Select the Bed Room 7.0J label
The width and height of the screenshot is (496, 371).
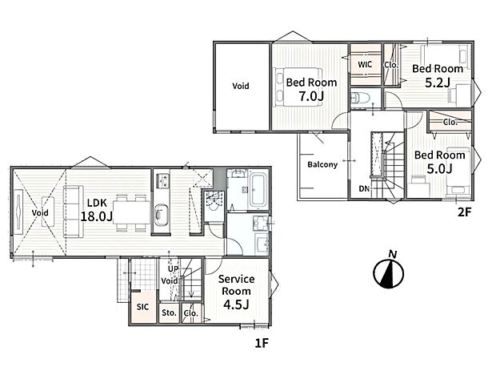tap(311, 89)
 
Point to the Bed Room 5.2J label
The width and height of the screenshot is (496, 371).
tap(436, 75)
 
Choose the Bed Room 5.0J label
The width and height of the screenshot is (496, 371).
tap(439, 161)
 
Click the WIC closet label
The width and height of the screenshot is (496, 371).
tap(365, 64)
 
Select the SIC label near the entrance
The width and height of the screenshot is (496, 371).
tap(142, 306)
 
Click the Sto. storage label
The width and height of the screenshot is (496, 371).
tap(169, 313)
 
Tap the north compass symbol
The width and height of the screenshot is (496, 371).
tap(388, 272)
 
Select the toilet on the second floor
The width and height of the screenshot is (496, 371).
tap(362, 98)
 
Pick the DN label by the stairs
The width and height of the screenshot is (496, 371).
tap(364, 190)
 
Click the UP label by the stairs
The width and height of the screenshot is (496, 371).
tap(173, 268)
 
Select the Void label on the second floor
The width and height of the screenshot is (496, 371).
tap(240, 86)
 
